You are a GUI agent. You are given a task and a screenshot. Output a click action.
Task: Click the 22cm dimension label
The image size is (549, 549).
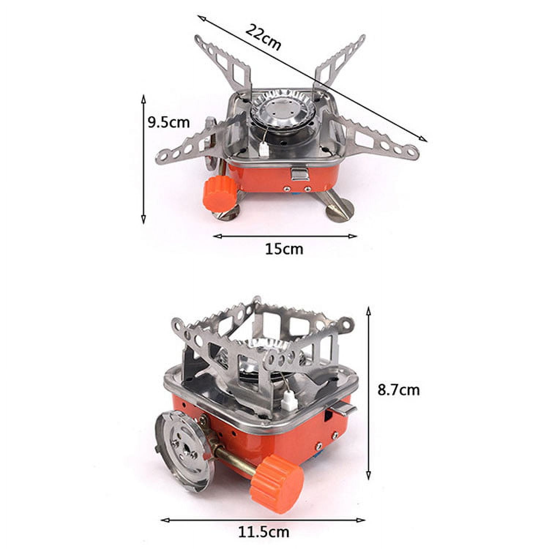pyautogui.click(x=263, y=37)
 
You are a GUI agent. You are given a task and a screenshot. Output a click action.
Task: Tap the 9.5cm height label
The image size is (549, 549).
pyautogui.click(x=169, y=122)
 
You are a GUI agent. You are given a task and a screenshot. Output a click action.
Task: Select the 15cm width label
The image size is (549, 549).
pyautogui.click(x=284, y=249)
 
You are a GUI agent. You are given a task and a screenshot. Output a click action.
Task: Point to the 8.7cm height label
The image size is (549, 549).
pyautogui.click(x=399, y=390)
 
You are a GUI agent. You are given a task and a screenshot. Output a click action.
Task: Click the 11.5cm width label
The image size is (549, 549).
pyautogui.click(x=264, y=531)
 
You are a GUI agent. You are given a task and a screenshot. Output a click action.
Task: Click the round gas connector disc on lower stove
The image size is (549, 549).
pyautogui.click(x=183, y=449)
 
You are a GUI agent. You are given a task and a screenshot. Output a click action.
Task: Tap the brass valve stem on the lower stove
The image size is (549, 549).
pyautogui.click(x=236, y=462)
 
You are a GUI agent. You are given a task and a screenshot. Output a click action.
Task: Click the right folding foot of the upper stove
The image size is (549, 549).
pyautogui.click(x=340, y=209)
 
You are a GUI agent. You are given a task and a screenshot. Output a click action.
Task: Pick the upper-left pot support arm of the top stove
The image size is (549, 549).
pyautogui.click(x=223, y=64)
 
